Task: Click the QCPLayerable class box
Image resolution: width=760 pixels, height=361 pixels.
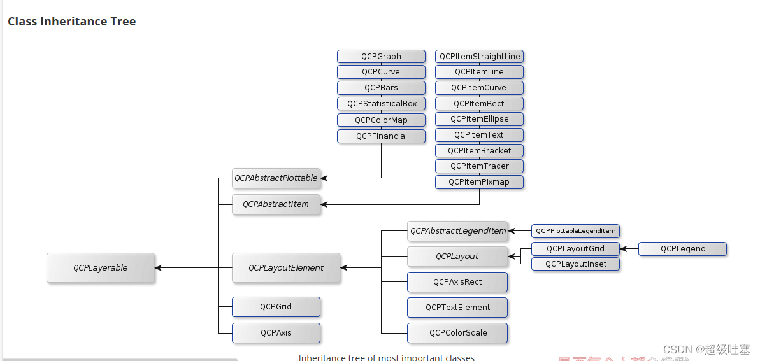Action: pos(101,268)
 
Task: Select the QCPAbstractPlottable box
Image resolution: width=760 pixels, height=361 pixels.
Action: pos(276,178)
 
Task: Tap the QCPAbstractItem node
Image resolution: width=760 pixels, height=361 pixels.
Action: pos(276,204)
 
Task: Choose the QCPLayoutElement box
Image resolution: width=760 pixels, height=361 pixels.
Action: pos(286,268)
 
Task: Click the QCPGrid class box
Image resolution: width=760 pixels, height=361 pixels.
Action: pos(276,307)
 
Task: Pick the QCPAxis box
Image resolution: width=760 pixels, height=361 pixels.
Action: pos(276,332)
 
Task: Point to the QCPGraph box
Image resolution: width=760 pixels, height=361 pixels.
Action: pos(381,57)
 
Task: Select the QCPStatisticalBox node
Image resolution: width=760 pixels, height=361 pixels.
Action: pos(381,104)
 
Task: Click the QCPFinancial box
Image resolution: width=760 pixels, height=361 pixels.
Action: pos(381,136)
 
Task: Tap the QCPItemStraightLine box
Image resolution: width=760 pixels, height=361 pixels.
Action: pos(479,57)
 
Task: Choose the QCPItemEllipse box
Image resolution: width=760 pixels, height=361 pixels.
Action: pos(479,119)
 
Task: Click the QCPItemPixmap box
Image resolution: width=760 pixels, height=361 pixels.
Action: pos(479,182)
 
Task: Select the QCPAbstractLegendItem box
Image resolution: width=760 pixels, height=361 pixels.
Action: pos(457,231)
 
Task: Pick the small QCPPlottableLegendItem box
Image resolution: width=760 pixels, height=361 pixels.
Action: pos(575,231)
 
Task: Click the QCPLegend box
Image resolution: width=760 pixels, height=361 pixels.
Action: pos(682,249)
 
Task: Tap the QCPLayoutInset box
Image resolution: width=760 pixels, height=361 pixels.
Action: pos(575,264)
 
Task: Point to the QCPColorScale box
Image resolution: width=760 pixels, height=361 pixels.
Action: pos(457,332)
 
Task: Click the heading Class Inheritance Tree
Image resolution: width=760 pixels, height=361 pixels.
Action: pos(71,22)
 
